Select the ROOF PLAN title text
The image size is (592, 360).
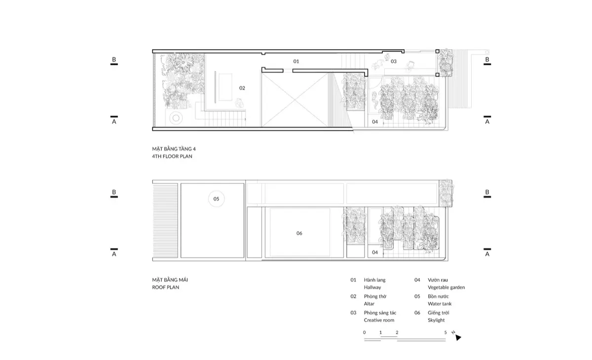click(166, 287)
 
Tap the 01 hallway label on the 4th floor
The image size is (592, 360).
click(296, 62)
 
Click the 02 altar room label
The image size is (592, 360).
click(242, 88)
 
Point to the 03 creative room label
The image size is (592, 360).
click(394, 62)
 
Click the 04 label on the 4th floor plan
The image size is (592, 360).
click(375, 121)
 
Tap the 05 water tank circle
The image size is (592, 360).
click(216, 199)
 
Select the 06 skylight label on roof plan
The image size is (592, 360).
click(299, 233)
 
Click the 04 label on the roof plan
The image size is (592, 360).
click(375, 252)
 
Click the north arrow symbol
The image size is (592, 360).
click(458, 338)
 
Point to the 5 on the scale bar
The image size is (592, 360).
click(445, 332)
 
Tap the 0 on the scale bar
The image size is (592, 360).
click(365, 332)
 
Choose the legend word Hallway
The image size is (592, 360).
click(372, 287)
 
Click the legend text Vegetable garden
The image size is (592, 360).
click(446, 287)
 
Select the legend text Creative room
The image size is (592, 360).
click(379, 320)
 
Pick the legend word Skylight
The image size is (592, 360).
click(436, 320)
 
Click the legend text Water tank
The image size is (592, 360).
click(440, 304)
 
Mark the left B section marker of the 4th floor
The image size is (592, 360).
click(114, 61)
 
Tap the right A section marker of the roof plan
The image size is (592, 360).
click(487, 252)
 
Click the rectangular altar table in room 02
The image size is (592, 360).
click(224, 87)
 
